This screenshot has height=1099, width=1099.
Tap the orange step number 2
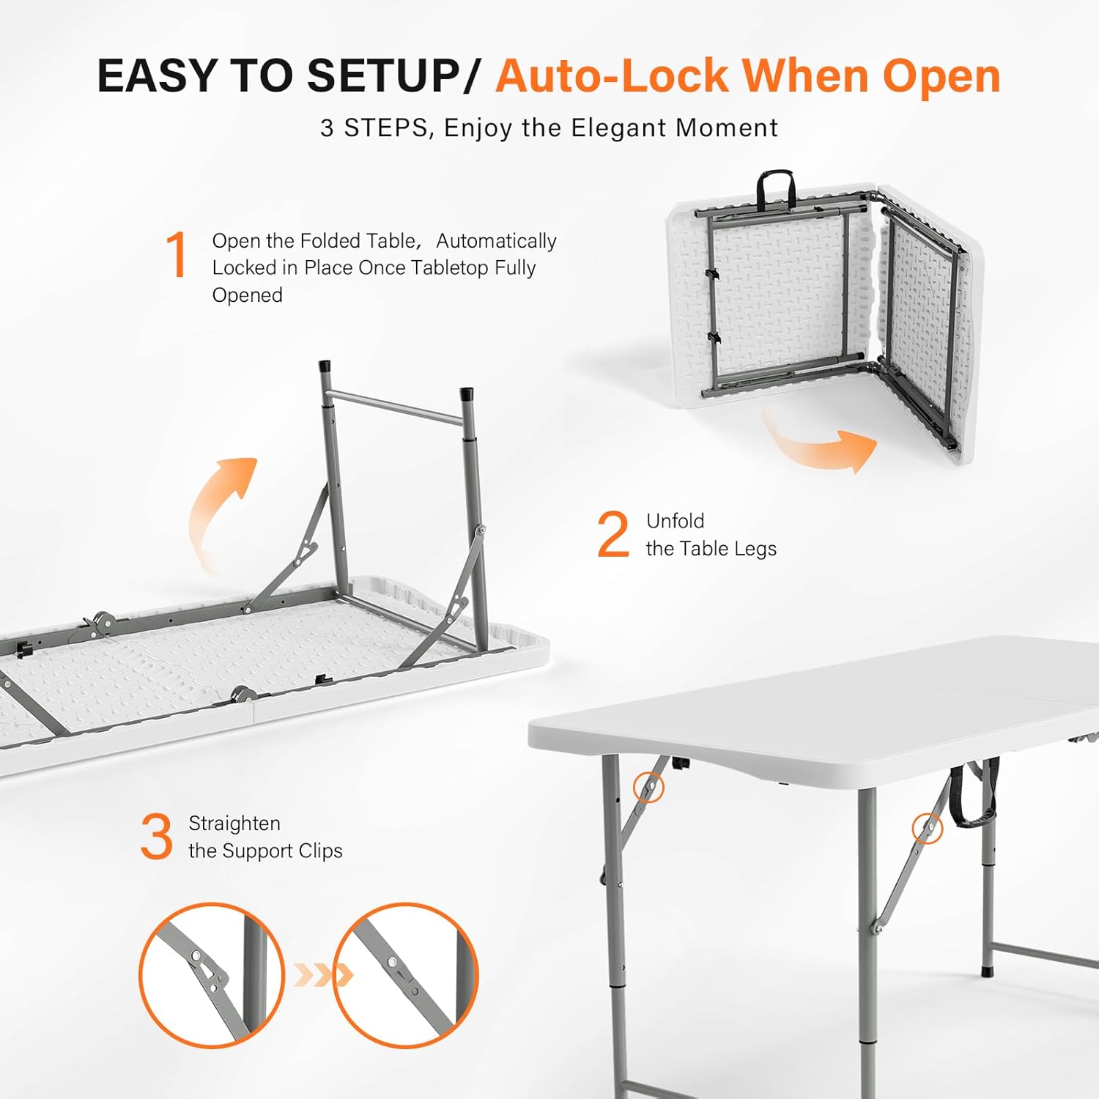(613, 534)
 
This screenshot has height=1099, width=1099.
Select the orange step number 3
(156, 837)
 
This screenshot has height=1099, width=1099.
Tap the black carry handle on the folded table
(776, 188)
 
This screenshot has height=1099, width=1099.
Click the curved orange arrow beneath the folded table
(821, 443)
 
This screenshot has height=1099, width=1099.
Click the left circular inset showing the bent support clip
(212, 974)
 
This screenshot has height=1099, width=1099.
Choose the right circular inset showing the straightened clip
(406, 974)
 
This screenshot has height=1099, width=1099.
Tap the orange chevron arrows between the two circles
(323, 975)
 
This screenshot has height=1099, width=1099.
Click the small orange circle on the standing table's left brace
(648, 788)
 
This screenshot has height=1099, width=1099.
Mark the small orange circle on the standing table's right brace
(927, 828)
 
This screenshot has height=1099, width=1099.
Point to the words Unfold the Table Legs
(710, 535)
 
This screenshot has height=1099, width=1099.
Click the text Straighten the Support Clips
(264, 837)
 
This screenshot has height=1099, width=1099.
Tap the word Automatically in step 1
(496, 241)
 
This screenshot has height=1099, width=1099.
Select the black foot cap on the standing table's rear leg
(987, 971)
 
